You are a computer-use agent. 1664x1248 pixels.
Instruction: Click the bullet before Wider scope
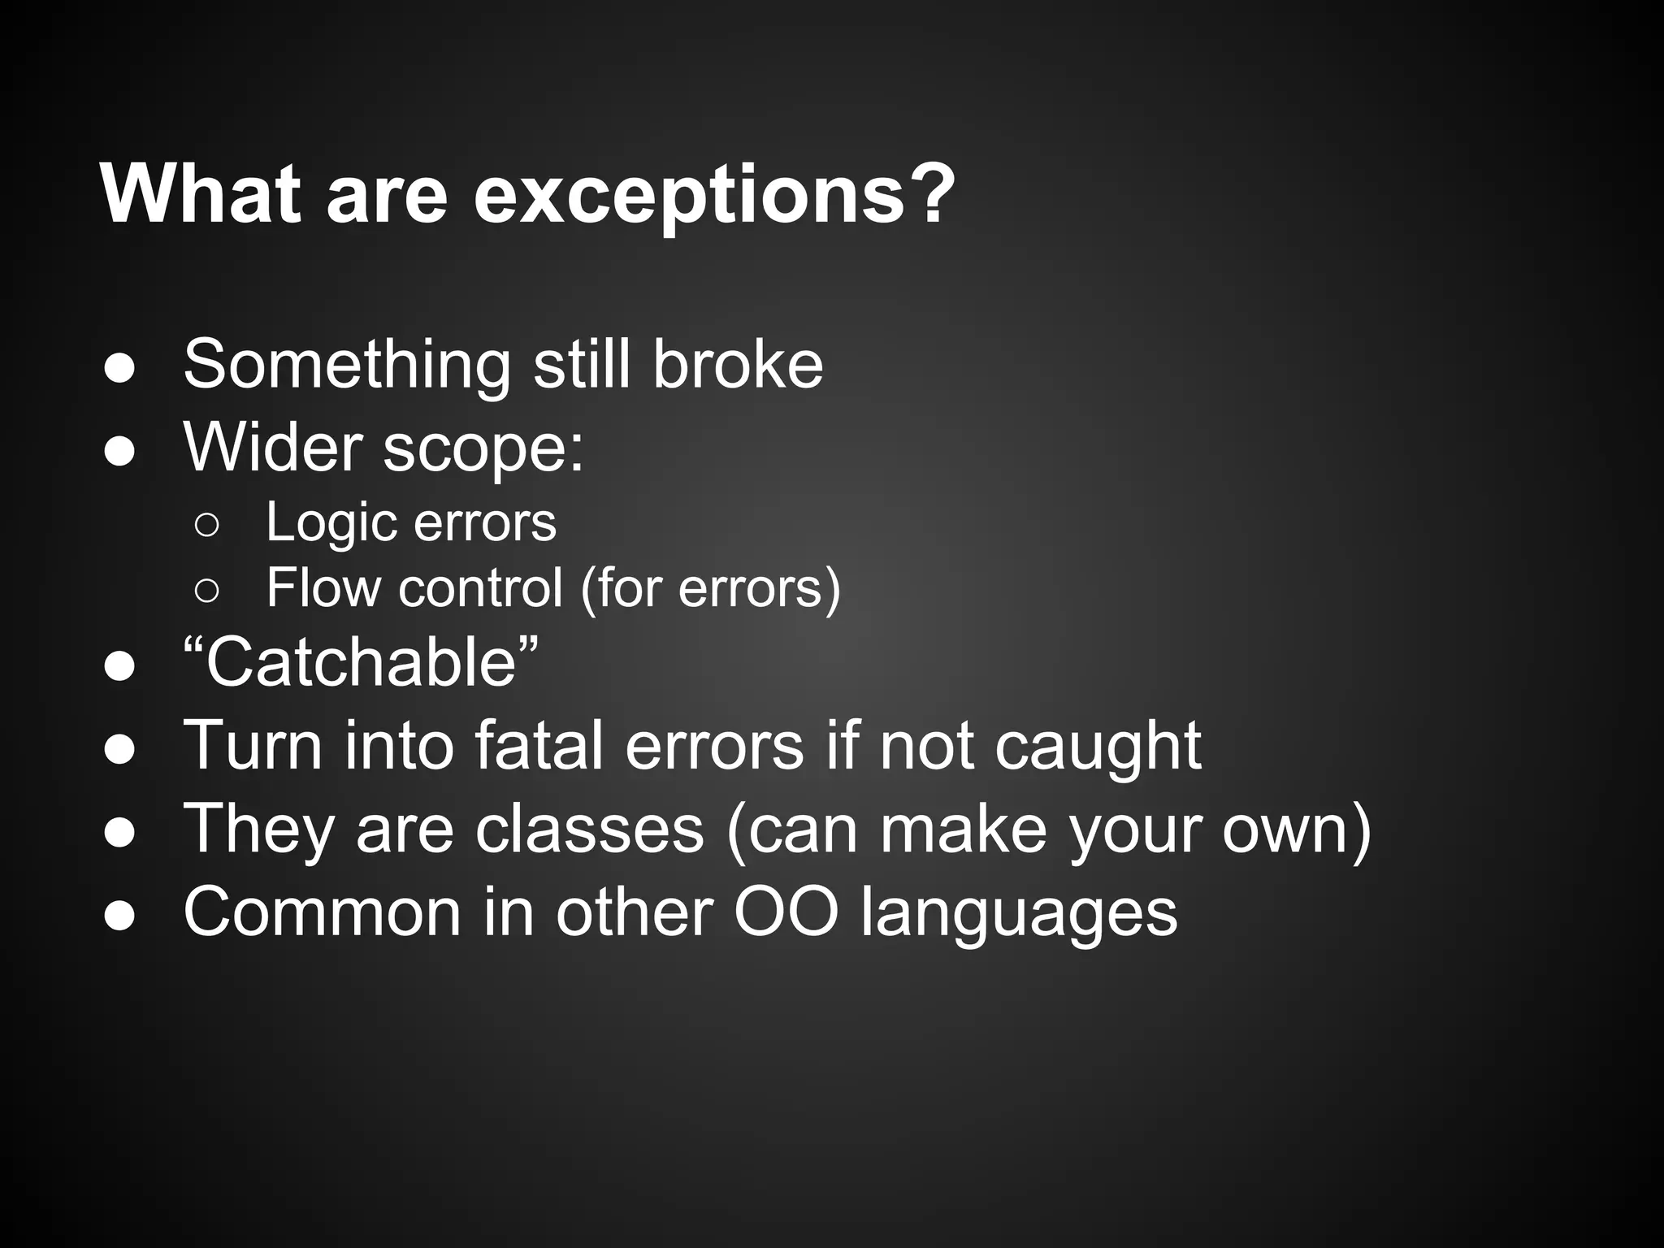(119, 452)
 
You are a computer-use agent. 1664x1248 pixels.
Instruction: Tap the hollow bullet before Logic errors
(206, 526)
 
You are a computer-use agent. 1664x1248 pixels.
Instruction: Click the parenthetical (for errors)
(710, 587)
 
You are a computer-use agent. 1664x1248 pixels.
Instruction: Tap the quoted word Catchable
(361, 663)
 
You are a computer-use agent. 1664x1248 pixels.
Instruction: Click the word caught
(1098, 747)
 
